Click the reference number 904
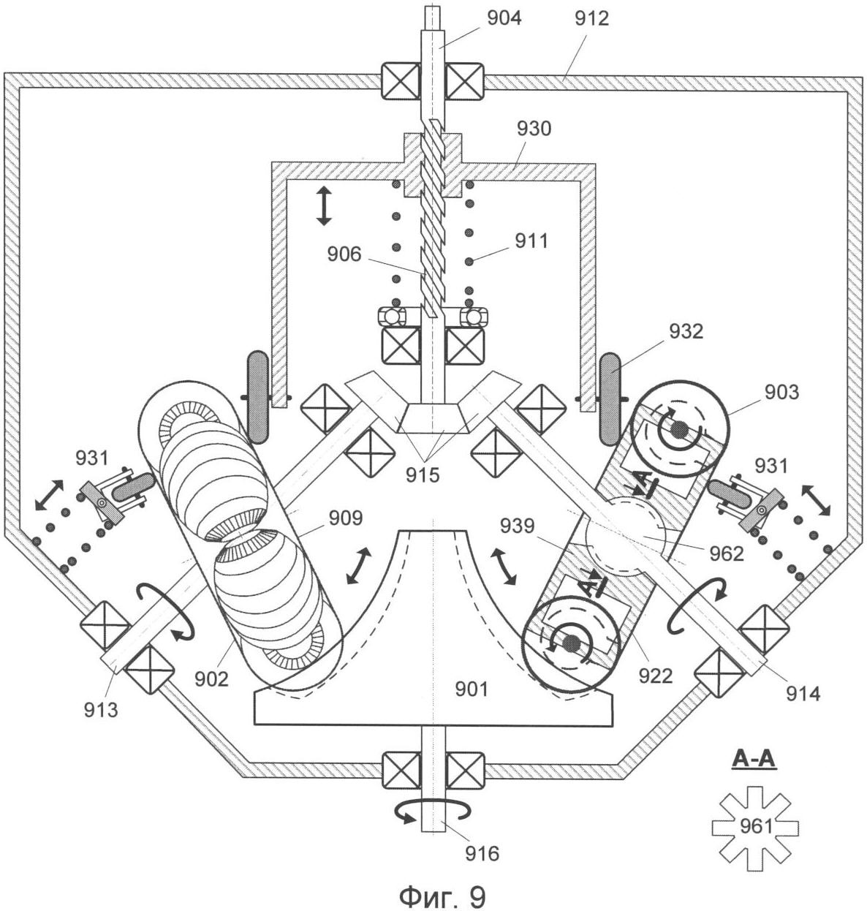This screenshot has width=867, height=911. click(x=504, y=18)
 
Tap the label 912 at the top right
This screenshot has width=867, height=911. click(x=591, y=18)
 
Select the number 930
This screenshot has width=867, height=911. click(x=534, y=129)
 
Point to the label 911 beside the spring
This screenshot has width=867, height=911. click(x=531, y=241)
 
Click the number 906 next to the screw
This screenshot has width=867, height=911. click(x=344, y=254)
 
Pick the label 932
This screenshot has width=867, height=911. click(x=686, y=331)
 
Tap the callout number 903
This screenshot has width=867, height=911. click(x=782, y=393)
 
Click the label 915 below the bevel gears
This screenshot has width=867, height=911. click(x=423, y=475)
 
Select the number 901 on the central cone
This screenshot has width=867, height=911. click(x=472, y=689)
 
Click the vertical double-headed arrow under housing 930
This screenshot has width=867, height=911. click(x=324, y=205)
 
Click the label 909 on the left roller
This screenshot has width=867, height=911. click(x=345, y=518)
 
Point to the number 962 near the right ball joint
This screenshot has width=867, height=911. click(x=726, y=553)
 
